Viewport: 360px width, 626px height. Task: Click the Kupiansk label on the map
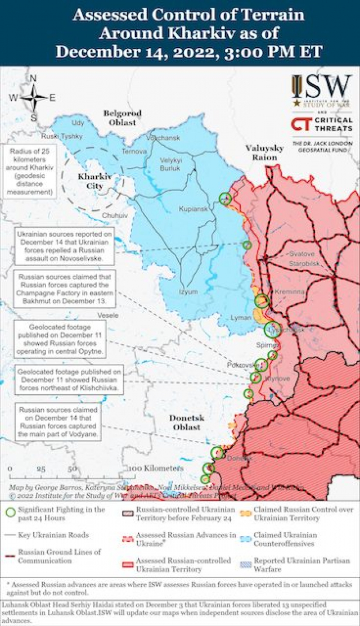(x=193, y=209)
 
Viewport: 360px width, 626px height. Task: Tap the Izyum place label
(x=188, y=292)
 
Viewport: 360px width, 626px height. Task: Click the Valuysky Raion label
(x=264, y=152)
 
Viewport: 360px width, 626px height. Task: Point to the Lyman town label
(x=240, y=318)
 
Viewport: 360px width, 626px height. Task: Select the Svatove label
(x=302, y=254)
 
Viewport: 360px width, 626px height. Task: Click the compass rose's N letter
(x=33, y=79)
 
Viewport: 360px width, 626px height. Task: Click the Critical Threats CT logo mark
(x=301, y=124)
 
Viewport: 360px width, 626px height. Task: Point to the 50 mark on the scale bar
(x=72, y=468)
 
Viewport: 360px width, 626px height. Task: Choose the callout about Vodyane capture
(x=58, y=422)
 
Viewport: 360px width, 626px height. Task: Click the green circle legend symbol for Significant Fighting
(x=10, y=512)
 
